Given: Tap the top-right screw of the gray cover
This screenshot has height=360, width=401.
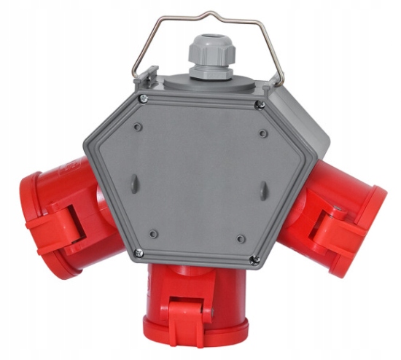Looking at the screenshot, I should pos(260,105).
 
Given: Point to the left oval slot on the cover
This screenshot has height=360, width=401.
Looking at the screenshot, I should pos(134,181).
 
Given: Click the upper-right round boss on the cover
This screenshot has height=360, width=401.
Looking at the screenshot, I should pos(262,133).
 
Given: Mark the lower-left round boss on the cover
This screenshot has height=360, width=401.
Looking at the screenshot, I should pos(152,233).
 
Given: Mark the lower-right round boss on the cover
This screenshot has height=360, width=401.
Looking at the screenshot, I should pos(241,238).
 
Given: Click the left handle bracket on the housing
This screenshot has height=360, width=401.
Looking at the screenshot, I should pos(148,75).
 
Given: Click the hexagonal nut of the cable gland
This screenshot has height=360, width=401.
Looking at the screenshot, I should pos(203,70).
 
